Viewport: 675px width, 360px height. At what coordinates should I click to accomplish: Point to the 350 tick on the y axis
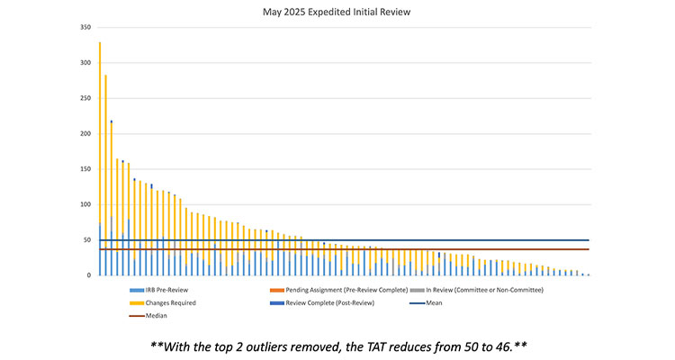point(85,28)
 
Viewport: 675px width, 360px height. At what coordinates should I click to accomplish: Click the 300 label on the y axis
point(85,63)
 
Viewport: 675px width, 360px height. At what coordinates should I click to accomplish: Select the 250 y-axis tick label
point(85,98)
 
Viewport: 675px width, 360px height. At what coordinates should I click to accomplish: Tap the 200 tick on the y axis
point(85,133)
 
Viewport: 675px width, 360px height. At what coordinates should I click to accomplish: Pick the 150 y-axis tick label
point(85,169)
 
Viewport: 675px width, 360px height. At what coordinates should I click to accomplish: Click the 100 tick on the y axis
point(85,204)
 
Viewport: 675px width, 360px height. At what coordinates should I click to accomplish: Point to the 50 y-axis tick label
point(87,239)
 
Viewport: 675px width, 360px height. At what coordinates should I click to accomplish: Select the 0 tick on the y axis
point(89,275)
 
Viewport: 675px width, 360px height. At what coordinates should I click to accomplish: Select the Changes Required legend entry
point(166,302)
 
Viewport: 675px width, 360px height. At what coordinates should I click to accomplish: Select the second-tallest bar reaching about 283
point(105,175)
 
